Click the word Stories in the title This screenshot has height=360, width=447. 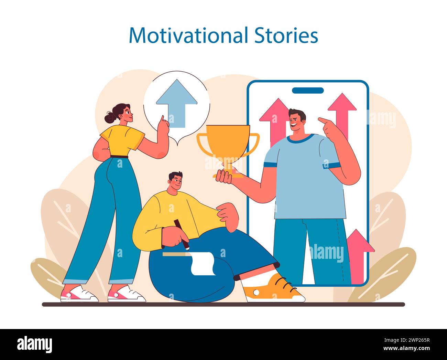click(x=286, y=35)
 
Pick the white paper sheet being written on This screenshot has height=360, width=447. click(x=203, y=263)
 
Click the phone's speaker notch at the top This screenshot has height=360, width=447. click(x=308, y=91)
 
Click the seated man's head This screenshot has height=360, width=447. click(x=176, y=182)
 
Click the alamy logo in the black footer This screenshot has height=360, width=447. click(x=35, y=344)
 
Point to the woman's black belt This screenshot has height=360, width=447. click(x=119, y=157)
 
